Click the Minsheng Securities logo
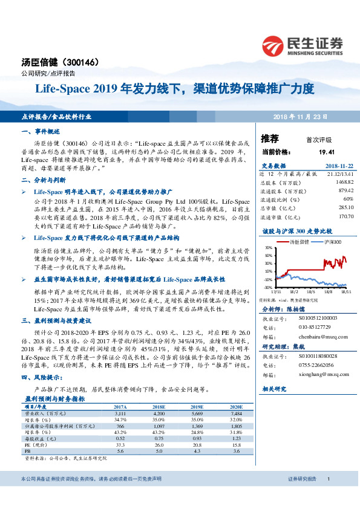tap(302, 44)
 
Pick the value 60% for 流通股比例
tap(348, 198)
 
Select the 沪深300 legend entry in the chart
tap(332, 241)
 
